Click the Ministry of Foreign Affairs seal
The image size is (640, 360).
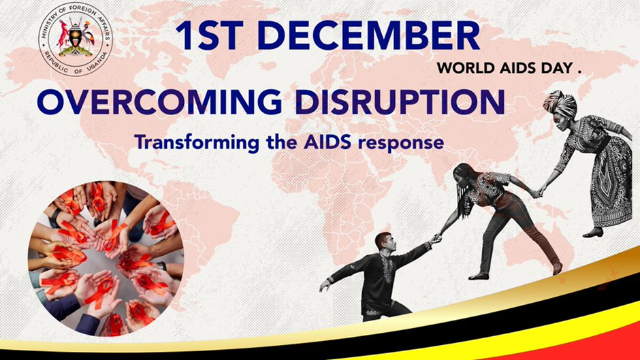pos(76,39)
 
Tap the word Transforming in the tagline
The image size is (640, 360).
pos(197,143)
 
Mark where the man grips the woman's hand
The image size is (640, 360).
pos(436,238)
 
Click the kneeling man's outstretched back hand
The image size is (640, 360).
pos(325,285)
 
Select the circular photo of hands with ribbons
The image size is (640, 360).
pos(106,259)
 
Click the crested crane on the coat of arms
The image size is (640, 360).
pos(88,36)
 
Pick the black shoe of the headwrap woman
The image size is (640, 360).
pos(593,233)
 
